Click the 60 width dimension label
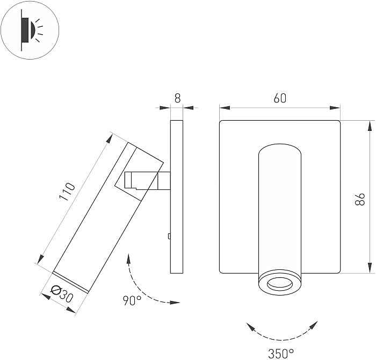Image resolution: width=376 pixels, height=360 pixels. click(280, 98)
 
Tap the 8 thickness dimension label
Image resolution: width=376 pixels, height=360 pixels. click(177, 98)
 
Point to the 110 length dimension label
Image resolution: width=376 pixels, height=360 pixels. click(67, 193)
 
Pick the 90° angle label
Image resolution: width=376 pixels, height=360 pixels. click(132, 301)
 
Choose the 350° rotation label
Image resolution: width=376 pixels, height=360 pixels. click(281, 353)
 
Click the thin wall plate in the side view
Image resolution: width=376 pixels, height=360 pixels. click(177, 196)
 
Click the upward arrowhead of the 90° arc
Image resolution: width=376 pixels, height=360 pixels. click(129, 258)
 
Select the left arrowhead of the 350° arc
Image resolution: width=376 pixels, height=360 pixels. click(248, 325)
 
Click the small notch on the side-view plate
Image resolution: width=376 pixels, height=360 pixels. click(169, 236)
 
